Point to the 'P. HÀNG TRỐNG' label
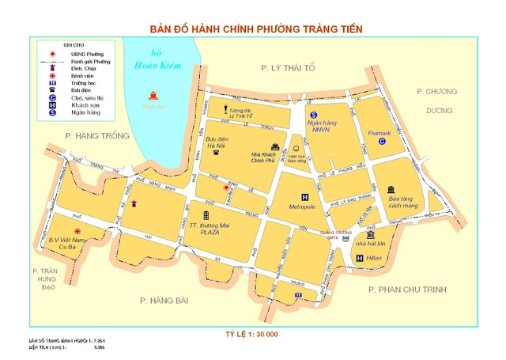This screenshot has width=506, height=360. click(96, 137)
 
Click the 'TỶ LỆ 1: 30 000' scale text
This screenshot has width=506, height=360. click(251, 334)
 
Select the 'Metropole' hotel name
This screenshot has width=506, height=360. click(302, 207)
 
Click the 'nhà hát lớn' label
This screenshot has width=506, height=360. click(370, 245)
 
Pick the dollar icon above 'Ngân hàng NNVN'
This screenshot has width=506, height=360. click(313, 116)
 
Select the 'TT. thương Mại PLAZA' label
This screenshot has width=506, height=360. click(208, 229)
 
